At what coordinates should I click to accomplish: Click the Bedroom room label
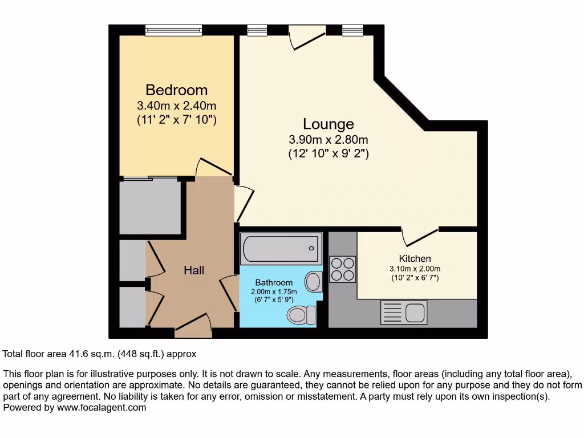pyautogui.click(x=176, y=90)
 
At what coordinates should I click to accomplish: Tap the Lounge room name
pyautogui.click(x=328, y=124)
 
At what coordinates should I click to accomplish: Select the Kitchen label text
pyautogui.click(x=415, y=258)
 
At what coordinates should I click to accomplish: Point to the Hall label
pyautogui.click(x=194, y=270)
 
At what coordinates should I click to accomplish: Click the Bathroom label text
pyautogui.click(x=274, y=282)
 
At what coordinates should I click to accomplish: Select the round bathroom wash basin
pyautogui.click(x=313, y=281)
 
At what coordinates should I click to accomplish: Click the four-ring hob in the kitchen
pyautogui.click(x=343, y=269)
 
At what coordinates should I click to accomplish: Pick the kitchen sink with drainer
pyautogui.click(x=403, y=313)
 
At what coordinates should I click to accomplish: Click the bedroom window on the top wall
pyautogui.click(x=173, y=30)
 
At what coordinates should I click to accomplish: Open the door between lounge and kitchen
pyautogui.click(x=420, y=234)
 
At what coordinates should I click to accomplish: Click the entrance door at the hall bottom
pyautogui.click(x=193, y=325)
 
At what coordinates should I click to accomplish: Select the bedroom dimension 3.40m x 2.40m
pyautogui.click(x=176, y=106)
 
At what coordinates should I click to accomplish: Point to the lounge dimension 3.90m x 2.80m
pyautogui.click(x=328, y=140)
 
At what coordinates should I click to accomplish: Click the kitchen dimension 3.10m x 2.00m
pyautogui.click(x=415, y=269)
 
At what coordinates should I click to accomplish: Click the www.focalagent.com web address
pyautogui.click(x=102, y=407)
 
